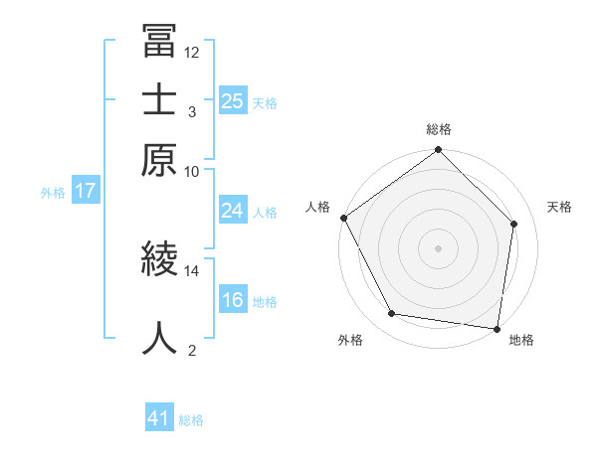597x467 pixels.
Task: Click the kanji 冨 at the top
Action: click(159, 42)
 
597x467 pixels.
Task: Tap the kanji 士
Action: click(159, 101)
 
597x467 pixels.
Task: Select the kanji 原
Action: click(159, 161)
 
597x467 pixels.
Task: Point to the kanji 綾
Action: click(159, 260)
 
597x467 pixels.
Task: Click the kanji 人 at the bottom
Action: click(159, 338)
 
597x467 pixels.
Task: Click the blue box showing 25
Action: click(232, 100)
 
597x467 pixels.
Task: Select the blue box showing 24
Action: click(232, 211)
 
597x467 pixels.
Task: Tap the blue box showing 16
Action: click(232, 300)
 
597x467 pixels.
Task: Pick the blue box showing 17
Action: click(85, 191)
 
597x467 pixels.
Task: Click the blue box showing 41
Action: click(159, 418)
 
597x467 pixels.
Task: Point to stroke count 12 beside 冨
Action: click(192, 52)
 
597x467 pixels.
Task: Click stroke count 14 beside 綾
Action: click(192, 270)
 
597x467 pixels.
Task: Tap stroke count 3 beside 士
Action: click(192, 111)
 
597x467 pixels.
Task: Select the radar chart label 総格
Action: click(438, 129)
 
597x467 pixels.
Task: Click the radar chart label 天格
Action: click(559, 207)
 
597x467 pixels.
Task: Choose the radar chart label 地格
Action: click(521, 340)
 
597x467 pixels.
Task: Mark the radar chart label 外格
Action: click(350, 340)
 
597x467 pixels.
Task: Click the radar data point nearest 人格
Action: click(344, 218)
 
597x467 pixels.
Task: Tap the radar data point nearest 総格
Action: click(438, 150)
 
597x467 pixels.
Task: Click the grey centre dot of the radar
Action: click(438, 247)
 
